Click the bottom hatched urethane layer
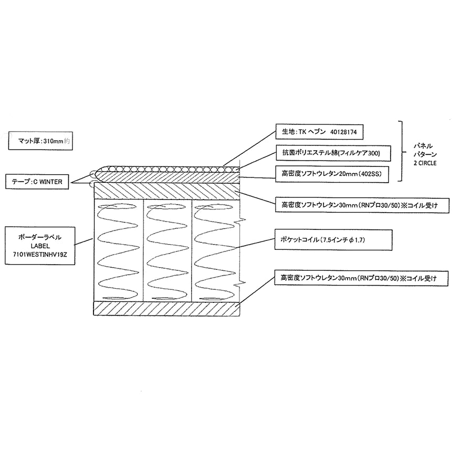(166, 309)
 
